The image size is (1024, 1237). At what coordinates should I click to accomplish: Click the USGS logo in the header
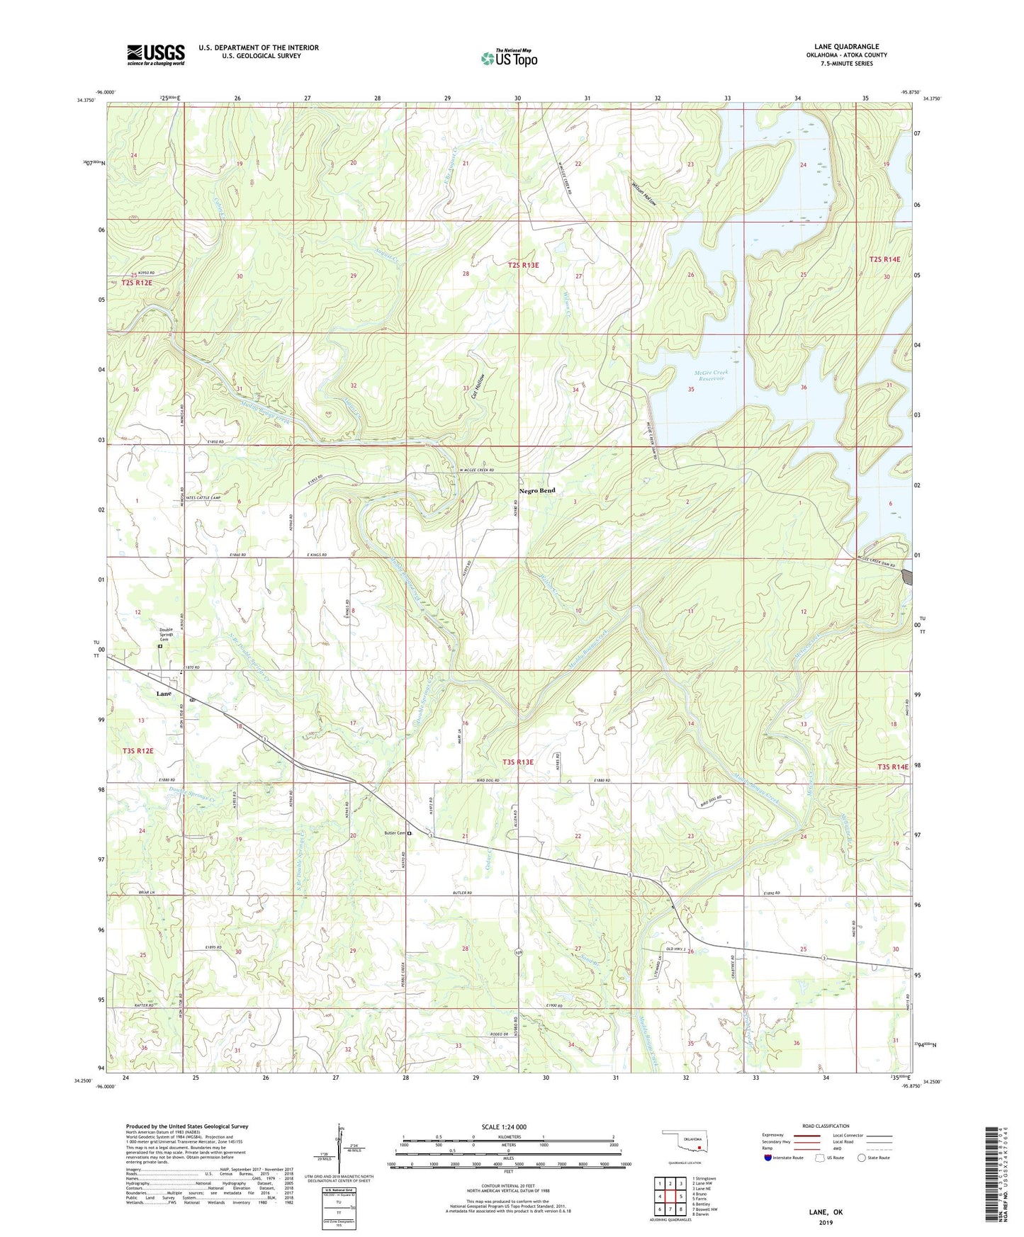tap(156, 54)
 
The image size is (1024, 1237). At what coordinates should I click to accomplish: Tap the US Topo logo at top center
tap(509, 58)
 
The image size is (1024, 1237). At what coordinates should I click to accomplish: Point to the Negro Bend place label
tap(536, 490)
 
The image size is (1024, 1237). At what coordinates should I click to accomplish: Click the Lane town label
tap(164, 694)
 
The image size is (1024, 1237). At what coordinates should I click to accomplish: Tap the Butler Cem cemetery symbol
tap(410, 833)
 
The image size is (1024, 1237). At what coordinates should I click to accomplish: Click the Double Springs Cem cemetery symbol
tap(160, 646)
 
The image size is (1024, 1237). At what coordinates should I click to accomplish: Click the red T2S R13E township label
tap(523, 265)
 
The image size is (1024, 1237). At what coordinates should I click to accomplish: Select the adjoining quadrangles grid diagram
tap(669, 1197)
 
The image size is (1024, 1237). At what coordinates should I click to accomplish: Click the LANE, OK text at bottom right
tap(826, 1212)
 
